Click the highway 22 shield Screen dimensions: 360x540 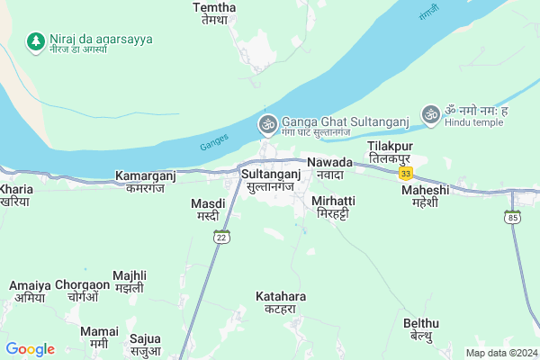[221, 237]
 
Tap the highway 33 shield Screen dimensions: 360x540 [406, 172]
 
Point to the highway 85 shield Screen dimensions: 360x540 [513, 217]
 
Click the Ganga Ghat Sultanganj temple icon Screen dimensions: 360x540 [266, 123]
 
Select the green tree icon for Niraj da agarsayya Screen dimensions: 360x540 [35, 40]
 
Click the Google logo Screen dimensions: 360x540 [30, 349]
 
